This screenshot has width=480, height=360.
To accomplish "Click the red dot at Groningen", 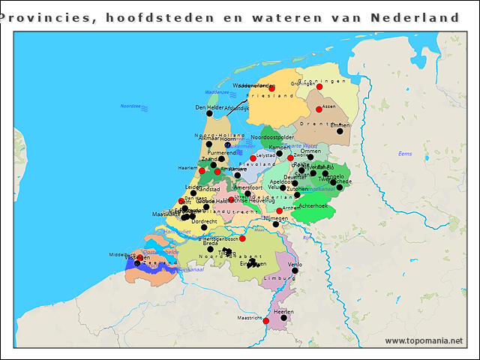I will coord(319,87).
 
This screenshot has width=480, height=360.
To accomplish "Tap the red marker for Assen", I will coord(319,109).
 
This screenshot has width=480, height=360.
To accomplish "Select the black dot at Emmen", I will coord(340,131).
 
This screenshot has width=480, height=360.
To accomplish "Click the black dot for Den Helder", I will coord(209,113).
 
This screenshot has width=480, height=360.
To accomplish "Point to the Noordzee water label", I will coord(130,106).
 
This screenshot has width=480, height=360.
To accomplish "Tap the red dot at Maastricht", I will coord(265,320).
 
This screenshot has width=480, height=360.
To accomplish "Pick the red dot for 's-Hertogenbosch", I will coord(242,238).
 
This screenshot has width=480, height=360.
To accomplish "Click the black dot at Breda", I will coord(210,249).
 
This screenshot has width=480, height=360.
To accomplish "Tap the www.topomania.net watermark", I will coord(424,341).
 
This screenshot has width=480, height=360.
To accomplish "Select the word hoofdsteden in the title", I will coord(160,16).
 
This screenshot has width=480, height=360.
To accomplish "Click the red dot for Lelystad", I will coord(253,157).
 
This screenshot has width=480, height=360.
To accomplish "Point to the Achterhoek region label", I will coord(313,205).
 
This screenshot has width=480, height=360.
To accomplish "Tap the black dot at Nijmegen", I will coord(275,223).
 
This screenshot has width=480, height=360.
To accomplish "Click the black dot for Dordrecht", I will coord(204,226).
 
